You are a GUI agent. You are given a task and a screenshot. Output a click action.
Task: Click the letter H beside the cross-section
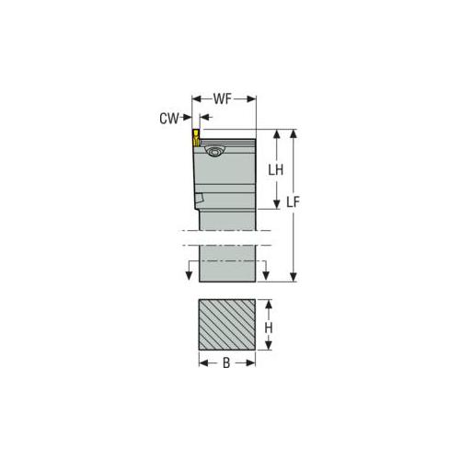(270, 327)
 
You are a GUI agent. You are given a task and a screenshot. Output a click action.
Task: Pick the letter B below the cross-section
(226, 363)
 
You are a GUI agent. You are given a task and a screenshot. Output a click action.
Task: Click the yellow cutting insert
(197, 139)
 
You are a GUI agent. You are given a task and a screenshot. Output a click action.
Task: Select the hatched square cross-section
(226, 326)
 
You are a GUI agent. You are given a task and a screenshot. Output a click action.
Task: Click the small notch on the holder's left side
(199, 198)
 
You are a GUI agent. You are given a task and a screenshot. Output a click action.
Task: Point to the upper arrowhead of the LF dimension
(293, 133)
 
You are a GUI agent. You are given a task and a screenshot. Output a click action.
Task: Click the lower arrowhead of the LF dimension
(293, 275)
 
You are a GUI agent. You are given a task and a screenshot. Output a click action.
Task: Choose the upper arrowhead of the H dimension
(270, 304)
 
